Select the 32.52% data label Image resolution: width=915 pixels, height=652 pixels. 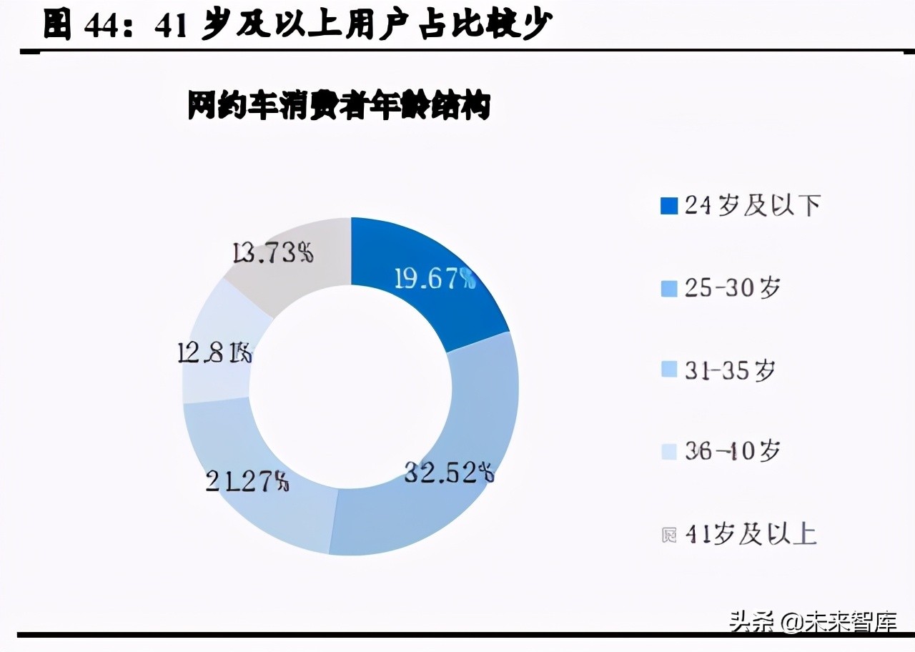(x=449, y=473)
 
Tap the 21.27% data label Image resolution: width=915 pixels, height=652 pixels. (x=247, y=481)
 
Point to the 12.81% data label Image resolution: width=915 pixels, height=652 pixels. (x=214, y=353)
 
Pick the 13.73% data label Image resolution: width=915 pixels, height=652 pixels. (x=273, y=252)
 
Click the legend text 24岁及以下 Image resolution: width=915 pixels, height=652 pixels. (x=752, y=206)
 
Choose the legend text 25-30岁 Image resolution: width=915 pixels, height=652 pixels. (x=732, y=288)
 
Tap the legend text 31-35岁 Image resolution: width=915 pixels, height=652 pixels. (x=730, y=370)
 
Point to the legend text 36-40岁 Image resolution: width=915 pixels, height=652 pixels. (x=732, y=452)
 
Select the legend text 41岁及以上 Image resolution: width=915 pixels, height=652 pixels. (x=751, y=535)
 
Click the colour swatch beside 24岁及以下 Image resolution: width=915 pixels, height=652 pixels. (x=669, y=206)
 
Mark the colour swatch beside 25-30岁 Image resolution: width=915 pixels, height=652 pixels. (x=669, y=289)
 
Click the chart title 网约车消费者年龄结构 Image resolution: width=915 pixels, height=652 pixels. (x=339, y=107)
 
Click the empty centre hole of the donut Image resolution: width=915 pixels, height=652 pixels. (x=350, y=386)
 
